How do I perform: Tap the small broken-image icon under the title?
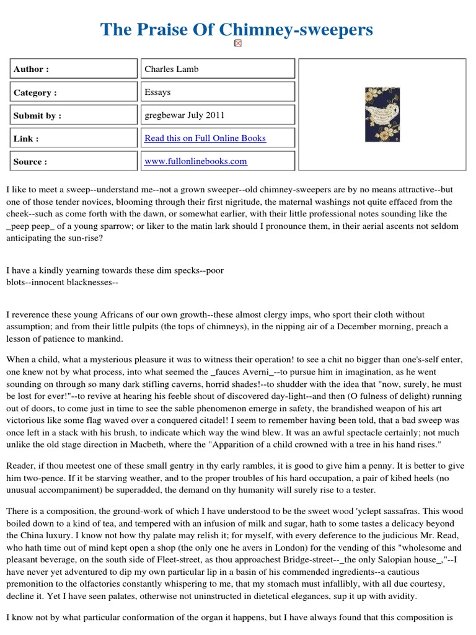pyautogui.click(x=238, y=43)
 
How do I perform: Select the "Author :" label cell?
pyautogui.click(x=73, y=69)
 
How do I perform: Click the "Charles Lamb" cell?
pyautogui.click(x=216, y=69)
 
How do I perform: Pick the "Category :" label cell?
pyautogui.click(x=73, y=92)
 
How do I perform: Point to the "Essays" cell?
pyautogui.click(x=216, y=92)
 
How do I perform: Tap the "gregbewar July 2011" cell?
pyautogui.click(x=216, y=115)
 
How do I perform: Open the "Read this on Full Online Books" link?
pyautogui.click(x=205, y=138)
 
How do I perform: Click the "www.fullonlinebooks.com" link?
pyautogui.click(x=196, y=161)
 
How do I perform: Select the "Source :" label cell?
pyautogui.click(x=73, y=161)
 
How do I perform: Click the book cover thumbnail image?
pyautogui.click(x=382, y=115)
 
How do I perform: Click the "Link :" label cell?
pyautogui.click(x=73, y=138)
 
